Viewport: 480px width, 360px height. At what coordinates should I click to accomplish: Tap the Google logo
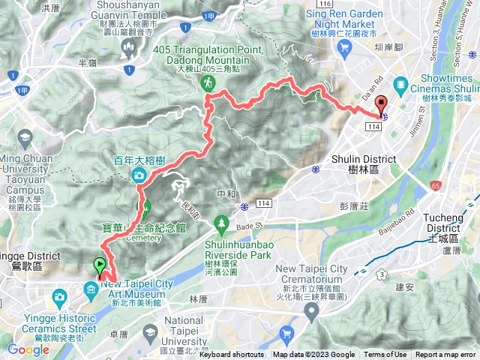tap(28, 349)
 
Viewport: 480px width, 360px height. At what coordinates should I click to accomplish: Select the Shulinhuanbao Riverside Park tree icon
tap(221, 223)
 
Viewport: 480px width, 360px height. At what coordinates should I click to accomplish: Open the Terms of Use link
tap(385, 355)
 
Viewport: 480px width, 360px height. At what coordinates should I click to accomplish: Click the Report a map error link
tap(447, 355)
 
